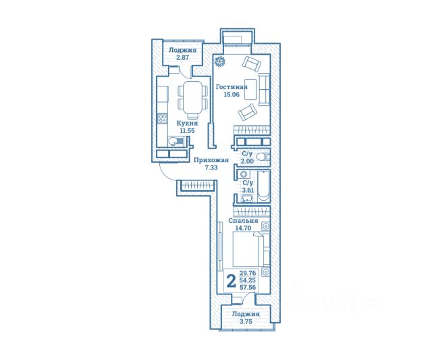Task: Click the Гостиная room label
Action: coord(232,87)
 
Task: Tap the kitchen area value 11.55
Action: coord(188,130)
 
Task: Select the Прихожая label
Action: coord(211,160)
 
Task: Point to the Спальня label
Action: coord(243,221)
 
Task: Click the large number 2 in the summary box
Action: coord(231,281)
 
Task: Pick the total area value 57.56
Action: coord(248,287)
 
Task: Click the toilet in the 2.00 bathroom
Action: coord(263,157)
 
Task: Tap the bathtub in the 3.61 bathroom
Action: coord(264,186)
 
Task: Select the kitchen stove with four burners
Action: coord(162,118)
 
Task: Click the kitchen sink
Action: coord(175,142)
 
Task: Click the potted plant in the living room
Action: coord(220,61)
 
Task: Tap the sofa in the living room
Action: coord(264,89)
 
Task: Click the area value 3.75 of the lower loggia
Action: coord(246,321)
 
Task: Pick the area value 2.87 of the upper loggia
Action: coord(183,57)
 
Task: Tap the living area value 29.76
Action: coord(248,273)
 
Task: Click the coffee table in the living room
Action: coord(250,89)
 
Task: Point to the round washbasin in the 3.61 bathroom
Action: coord(244,174)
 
